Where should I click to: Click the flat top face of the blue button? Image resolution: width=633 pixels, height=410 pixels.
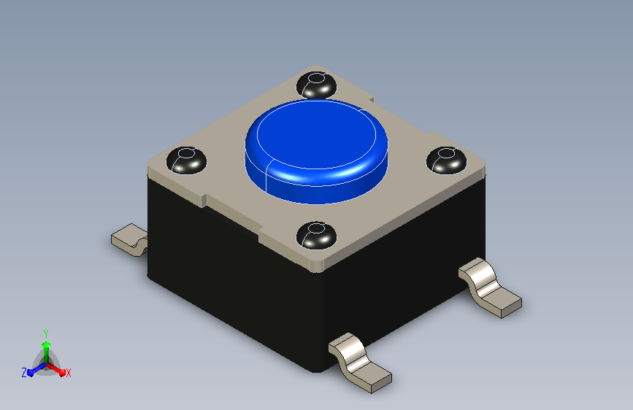[317, 134]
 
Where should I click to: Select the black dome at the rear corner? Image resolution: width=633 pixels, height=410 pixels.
[317, 85]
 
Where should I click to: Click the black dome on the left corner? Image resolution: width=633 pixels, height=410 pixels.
[186, 160]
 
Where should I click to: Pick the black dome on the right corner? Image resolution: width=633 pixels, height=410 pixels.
[447, 160]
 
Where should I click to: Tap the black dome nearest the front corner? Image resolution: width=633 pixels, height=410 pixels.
[317, 235]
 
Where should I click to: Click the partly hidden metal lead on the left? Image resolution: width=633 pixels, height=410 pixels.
[129, 240]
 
